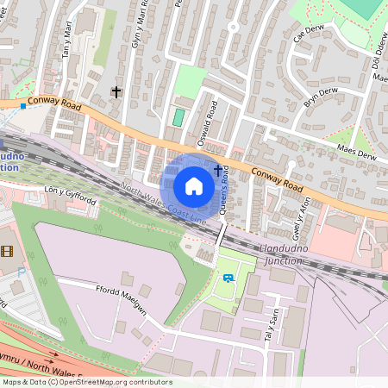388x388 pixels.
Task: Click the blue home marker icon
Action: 194,185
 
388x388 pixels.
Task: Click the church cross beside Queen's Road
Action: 216,172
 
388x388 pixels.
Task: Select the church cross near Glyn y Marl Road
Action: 116,91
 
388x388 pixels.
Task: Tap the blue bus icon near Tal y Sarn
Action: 228,277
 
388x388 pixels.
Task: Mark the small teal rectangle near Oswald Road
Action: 179,116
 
